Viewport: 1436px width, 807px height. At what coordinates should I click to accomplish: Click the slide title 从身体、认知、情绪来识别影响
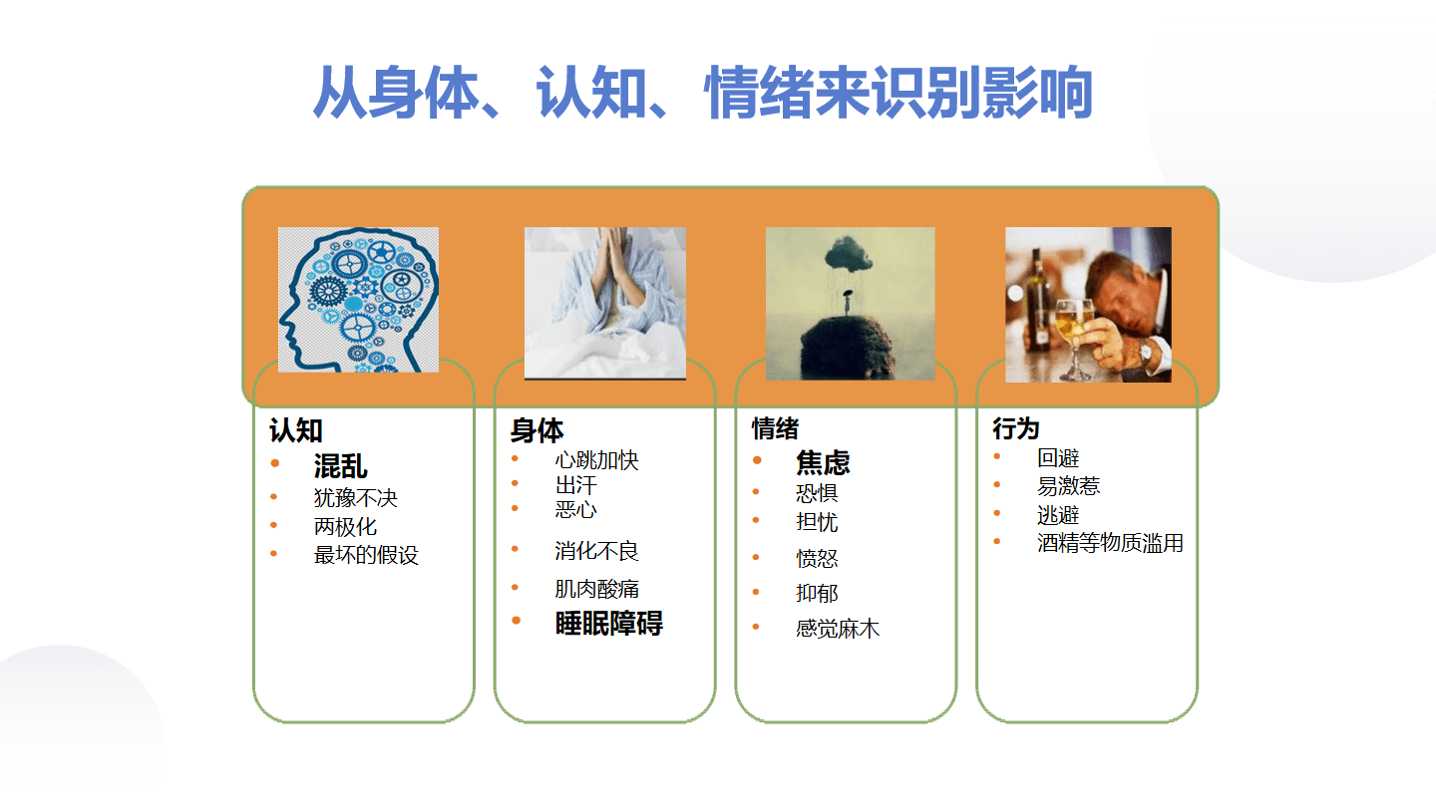coord(703,93)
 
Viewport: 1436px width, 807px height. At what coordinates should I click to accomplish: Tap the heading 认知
coord(295,429)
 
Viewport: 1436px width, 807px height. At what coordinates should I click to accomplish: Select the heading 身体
coord(537,429)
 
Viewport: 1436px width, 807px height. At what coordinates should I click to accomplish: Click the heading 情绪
coord(775,427)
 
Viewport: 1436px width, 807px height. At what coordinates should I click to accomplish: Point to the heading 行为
coord(1015,427)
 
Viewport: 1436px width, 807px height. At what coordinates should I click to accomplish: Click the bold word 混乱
coord(340,465)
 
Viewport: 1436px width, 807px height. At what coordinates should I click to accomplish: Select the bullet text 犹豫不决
coord(356,498)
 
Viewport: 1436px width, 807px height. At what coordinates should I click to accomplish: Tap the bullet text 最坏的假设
coord(366,555)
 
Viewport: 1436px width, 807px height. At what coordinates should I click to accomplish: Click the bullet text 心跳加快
coord(596,460)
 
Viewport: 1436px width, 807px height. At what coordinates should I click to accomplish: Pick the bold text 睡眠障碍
coord(609,624)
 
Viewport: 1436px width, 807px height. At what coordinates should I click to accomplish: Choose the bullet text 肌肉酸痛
coord(596,589)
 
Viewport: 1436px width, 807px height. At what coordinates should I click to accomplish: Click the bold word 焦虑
coord(823,462)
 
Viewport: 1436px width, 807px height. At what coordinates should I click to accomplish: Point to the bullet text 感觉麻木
coord(838,629)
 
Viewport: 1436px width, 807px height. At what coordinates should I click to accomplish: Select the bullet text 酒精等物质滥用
coord(1110,542)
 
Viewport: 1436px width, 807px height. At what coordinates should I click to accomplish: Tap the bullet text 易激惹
coord(1069,486)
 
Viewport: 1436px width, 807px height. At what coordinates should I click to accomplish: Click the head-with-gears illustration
coord(358,300)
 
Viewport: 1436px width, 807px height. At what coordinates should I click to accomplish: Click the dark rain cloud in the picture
coord(849,253)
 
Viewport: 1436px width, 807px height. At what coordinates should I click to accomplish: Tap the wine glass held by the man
coord(1074,338)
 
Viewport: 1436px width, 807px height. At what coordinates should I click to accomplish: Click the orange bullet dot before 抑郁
coord(757,592)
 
